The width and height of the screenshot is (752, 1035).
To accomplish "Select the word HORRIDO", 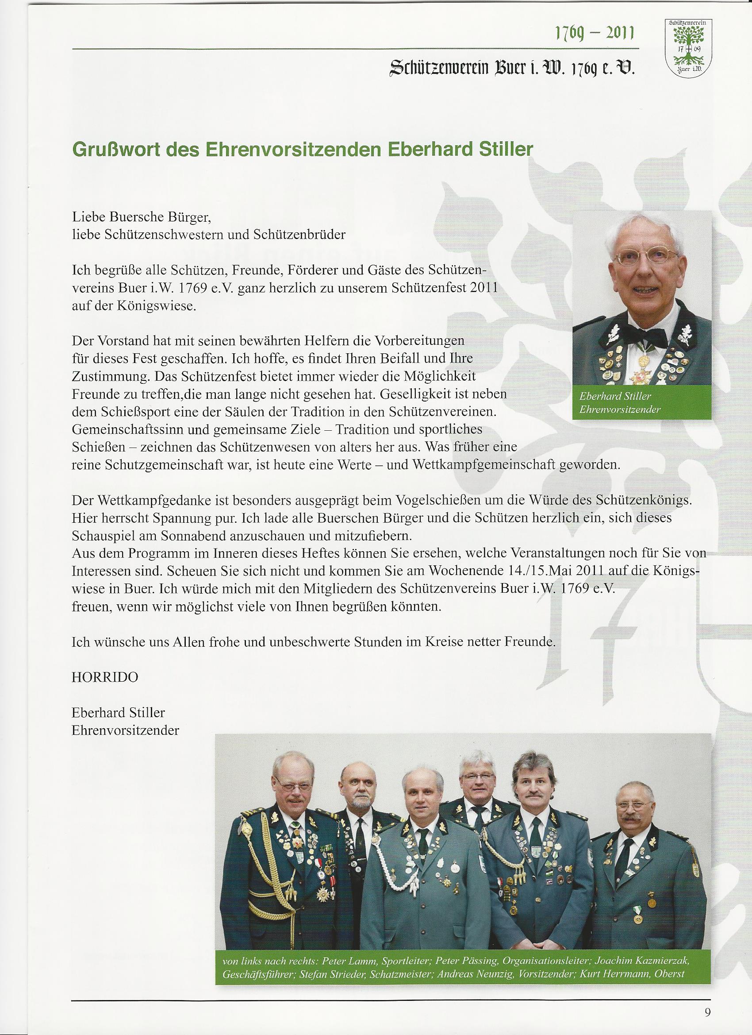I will (x=105, y=677).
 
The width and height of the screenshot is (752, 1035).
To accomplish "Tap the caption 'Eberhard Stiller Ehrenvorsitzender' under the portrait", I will (x=619, y=403).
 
